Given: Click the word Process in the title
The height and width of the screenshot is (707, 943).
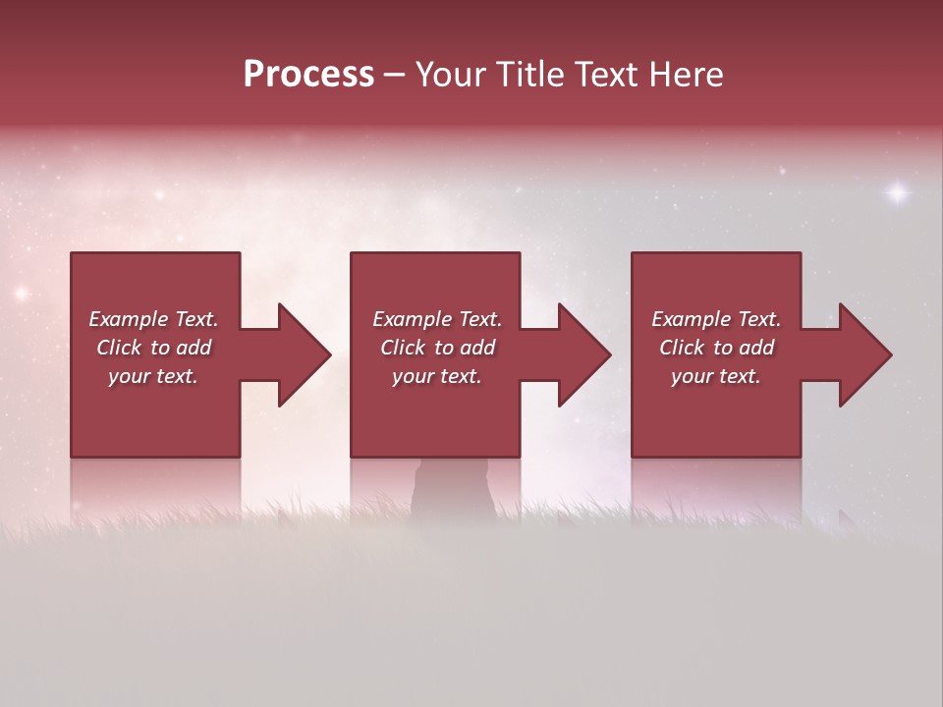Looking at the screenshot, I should pyautogui.click(x=308, y=75).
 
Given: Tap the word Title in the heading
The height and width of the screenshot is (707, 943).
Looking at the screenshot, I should pyautogui.click(x=531, y=75).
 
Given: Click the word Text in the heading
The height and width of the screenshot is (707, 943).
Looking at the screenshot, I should pyautogui.click(x=608, y=75).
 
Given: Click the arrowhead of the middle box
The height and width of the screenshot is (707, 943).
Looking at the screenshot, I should pyautogui.click(x=583, y=354).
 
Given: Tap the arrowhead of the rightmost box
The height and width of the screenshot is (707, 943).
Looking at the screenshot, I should pyautogui.click(x=864, y=354).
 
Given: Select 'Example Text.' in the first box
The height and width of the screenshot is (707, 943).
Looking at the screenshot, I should pyautogui.click(x=153, y=319).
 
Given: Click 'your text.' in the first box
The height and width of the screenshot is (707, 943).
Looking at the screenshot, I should pyautogui.click(x=153, y=376).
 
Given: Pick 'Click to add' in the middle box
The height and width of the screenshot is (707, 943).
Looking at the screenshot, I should pyautogui.click(x=437, y=348).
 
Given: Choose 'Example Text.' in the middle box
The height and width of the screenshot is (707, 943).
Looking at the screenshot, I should pyautogui.click(x=437, y=319).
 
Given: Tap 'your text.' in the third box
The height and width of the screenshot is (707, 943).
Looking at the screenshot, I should pyautogui.click(x=716, y=376).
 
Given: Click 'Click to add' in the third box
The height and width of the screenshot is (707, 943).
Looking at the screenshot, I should pyautogui.click(x=716, y=348).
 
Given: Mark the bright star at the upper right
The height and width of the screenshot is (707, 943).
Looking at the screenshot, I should pyautogui.click(x=897, y=193).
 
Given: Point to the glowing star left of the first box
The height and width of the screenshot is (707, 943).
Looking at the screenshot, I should pyautogui.click(x=21, y=293).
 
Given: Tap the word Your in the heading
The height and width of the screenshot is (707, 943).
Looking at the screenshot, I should pyautogui.click(x=449, y=75).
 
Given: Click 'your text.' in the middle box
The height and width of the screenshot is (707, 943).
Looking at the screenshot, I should pyautogui.click(x=437, y=376).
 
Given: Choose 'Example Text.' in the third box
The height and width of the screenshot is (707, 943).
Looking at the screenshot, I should pyautogui.click(x=716, y=319).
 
